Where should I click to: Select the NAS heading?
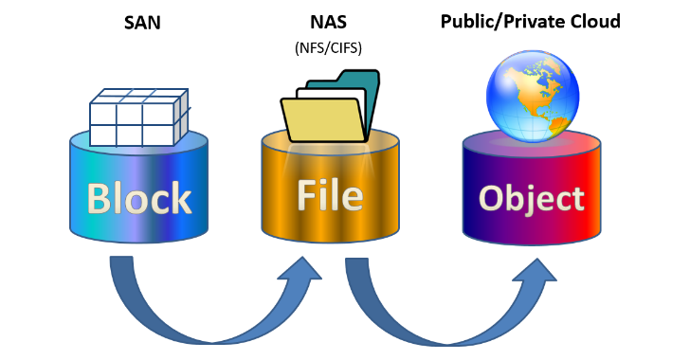tap(328, 22)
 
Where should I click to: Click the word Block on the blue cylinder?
tap(139, 199)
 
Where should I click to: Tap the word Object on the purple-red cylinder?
tap(531, 199)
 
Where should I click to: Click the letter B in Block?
tap(101, 199)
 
